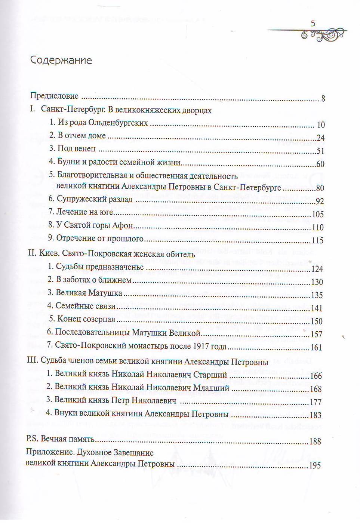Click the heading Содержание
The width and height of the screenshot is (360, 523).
coord(61,60)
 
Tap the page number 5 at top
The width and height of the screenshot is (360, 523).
coord(313,24)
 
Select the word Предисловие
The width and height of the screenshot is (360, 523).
coord(54,96)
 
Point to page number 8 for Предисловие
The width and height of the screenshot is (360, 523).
coord(323,99)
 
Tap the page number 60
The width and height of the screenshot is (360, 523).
coord(320,164)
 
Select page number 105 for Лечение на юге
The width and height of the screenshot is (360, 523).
coord(318,215)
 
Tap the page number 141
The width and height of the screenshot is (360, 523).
coord(316,308)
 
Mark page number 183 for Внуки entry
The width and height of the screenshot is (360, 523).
coord(316,415)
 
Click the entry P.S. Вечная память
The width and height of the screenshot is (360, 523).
coord(60,440)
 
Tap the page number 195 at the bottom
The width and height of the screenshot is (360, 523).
coord(315,466)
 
